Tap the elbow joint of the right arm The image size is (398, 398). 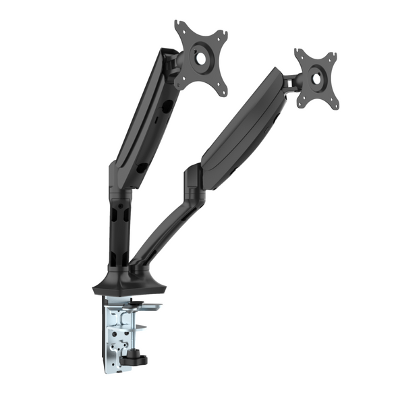click(x=193, y=180)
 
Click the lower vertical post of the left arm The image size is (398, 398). click(x=117, y=229)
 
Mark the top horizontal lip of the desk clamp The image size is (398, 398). click(x=132, y=306)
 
